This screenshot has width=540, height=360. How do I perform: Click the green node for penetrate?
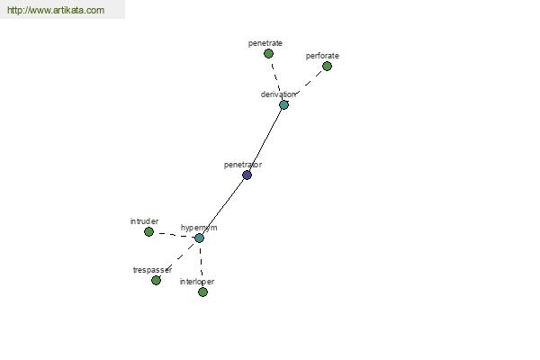tap(268, 54)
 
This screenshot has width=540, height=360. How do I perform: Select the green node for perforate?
tap(328, 66)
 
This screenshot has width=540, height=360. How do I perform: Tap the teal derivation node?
tap(283, 104)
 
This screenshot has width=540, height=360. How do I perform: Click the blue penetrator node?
tap(247, 175)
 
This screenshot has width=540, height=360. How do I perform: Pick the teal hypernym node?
tap(200, 238)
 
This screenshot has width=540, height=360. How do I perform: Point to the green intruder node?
tap(148, 232)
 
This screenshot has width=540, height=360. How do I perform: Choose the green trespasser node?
tap(156, 281)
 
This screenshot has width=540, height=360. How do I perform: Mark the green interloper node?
tap(202, 292)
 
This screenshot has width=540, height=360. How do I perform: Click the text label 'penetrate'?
tap(265, 43)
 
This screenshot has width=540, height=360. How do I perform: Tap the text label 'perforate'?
tap(322, 56)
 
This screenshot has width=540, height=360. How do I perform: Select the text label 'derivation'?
tap(278, 94)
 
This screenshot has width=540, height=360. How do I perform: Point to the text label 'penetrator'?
tap(243, 165)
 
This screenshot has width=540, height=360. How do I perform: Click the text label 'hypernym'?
tap(199, 228)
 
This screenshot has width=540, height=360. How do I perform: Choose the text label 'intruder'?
tap(144, 221)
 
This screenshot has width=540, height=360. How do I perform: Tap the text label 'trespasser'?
tap(152, 270)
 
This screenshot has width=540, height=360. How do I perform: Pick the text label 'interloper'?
tap(197, 282)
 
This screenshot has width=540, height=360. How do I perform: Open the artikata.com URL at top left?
tap(56, 10)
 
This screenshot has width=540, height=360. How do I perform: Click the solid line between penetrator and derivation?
tap(265, 139)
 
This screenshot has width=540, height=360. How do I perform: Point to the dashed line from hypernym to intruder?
tap(174, 235)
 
